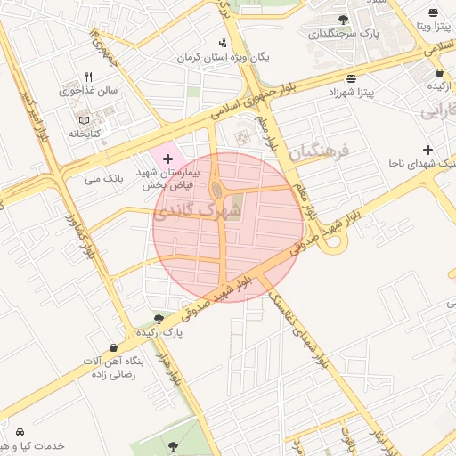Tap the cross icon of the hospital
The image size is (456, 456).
point(167,158)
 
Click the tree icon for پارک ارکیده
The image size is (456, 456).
point(159,318)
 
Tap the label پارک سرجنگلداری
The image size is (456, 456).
point(344,34)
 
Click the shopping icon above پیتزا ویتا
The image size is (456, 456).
point(433,13)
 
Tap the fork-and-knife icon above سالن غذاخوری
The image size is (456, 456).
point(88,77)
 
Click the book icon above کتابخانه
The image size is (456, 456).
point(85,119)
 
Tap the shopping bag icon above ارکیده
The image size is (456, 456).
point(440,73)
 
